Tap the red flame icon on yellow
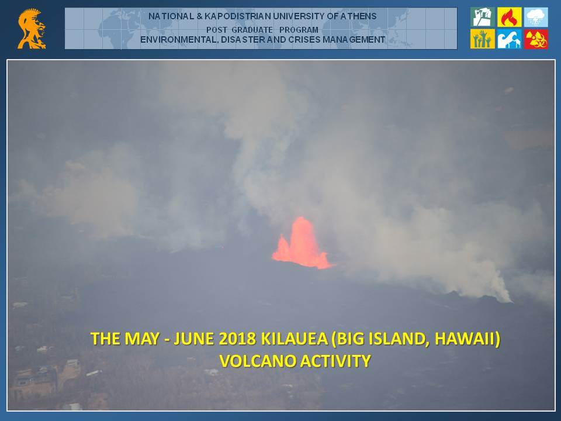click(509, 17)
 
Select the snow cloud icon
click(536, 17)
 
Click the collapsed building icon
click(482, 17)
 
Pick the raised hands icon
click(482, 39)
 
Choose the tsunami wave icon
click(509, 39)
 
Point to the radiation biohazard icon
click(536, 39)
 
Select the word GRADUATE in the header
click(252, 30)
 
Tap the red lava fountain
click(302, 243)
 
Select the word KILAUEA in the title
click(294, 339)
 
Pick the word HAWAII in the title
click(467, 339)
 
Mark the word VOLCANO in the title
click(258, 361)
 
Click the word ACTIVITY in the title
click(335, 361)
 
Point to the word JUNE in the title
click(194, 339)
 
